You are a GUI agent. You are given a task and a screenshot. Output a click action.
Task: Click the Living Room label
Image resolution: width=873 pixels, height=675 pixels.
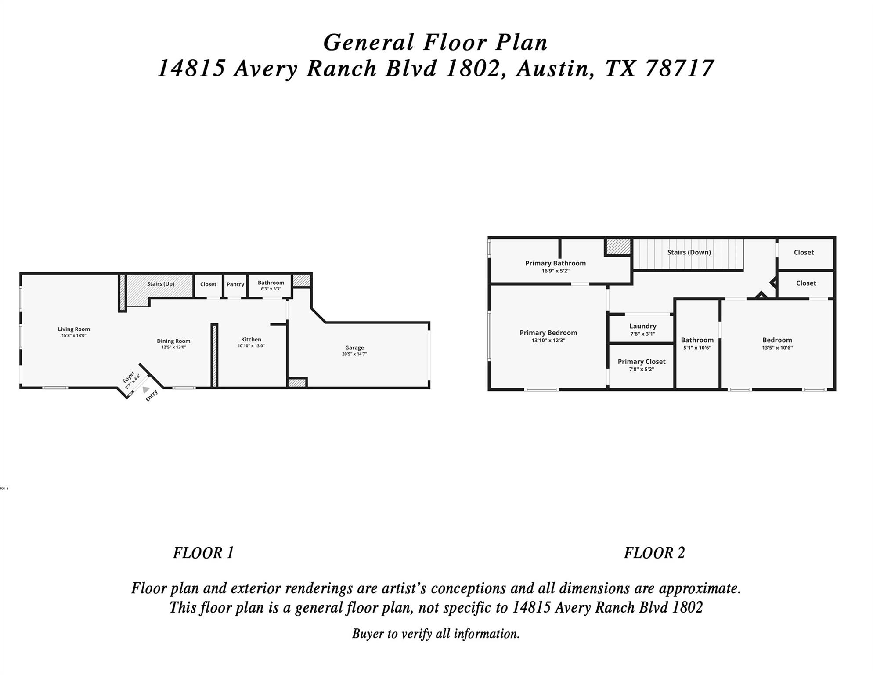74,329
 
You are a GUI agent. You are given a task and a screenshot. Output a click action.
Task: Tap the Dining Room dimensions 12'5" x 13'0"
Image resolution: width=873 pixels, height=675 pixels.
173,347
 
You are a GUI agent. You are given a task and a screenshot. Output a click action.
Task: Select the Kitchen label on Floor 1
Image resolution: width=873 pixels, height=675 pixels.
251,339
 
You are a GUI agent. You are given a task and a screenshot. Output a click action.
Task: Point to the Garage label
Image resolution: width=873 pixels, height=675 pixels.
354,348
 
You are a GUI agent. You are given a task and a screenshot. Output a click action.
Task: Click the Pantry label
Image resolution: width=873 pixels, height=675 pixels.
235,284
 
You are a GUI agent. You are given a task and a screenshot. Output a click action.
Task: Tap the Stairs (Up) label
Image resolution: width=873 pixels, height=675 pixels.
161,284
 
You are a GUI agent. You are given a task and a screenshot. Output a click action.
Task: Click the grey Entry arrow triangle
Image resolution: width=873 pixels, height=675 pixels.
146,390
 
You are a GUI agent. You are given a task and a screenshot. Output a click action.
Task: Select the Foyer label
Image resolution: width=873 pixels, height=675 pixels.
128,377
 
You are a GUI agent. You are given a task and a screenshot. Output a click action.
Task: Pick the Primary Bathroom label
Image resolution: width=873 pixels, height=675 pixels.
556,263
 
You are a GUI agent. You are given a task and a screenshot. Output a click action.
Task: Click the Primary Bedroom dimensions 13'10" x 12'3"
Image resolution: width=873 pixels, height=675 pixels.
548,340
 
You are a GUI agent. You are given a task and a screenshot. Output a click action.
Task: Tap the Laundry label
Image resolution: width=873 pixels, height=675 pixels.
643,326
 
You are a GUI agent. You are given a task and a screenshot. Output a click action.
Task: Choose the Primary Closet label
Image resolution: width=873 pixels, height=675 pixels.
642,362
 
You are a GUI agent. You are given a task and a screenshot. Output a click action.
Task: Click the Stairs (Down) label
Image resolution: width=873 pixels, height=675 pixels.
689,252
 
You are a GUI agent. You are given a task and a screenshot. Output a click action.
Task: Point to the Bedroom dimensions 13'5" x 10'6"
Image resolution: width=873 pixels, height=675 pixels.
777,348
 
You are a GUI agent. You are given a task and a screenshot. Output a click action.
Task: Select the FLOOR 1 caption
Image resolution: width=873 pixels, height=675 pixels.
203,553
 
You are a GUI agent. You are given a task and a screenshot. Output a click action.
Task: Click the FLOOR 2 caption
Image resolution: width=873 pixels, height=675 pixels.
654,553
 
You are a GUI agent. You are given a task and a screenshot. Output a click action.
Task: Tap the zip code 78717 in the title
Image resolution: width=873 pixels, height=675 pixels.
681,69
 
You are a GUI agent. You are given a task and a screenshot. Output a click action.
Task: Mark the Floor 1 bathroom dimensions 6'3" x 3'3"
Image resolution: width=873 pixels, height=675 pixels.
271,289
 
